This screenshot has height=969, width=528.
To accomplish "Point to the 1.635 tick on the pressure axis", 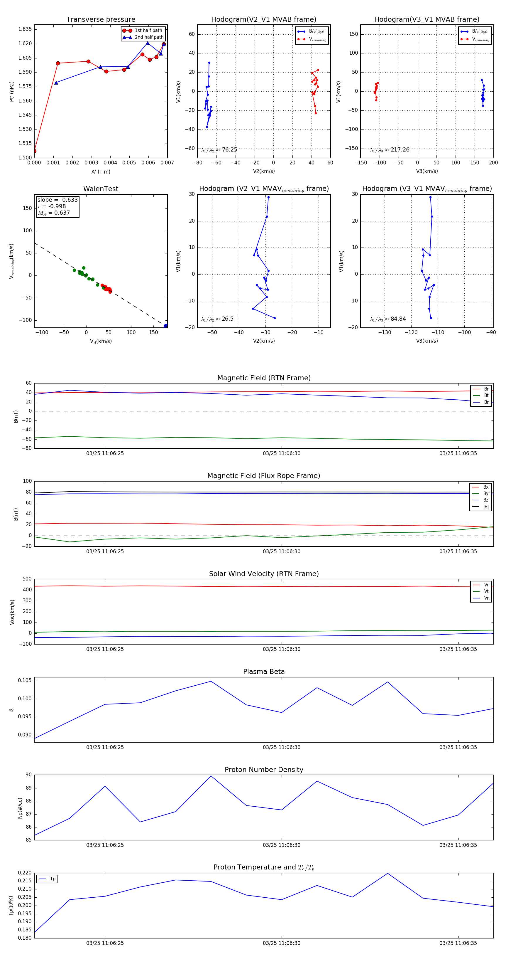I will [25, 29].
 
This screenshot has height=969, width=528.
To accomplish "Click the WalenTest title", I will [101, 189].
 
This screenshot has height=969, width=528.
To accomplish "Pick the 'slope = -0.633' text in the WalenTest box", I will [57, 200].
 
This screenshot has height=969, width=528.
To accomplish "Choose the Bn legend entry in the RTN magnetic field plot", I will [486, 402].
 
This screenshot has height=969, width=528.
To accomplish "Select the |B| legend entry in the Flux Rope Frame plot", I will [485, 507].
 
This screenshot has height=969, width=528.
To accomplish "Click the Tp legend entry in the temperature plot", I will [52, 879].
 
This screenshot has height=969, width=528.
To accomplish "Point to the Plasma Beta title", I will [264, 672].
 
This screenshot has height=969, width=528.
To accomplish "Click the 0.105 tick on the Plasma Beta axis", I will [25, 680].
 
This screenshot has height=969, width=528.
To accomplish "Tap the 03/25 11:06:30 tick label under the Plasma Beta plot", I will [282, 747].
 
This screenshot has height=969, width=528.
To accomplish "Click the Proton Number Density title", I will [264, 770].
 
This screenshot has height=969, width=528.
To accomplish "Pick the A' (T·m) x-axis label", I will [101, 171].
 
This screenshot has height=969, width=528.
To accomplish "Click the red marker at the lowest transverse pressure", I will [35, 151].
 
